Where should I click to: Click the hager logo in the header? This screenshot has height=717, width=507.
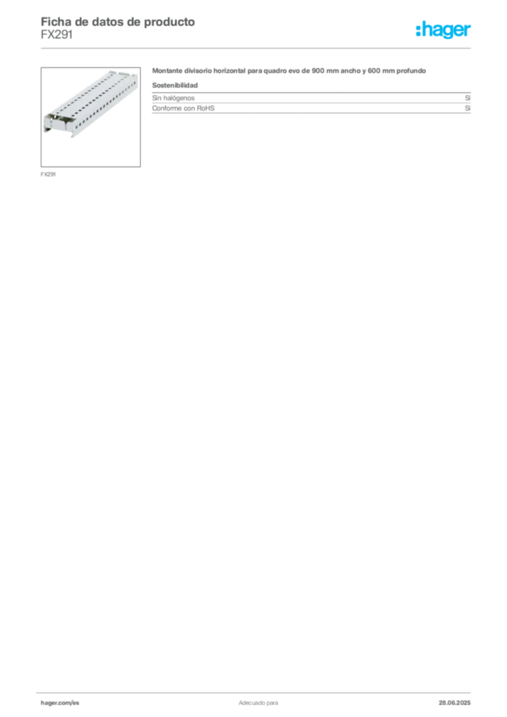tap(443, 29)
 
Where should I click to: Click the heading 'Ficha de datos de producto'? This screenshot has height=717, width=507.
tap(118, 22)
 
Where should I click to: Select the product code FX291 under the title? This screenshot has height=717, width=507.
tap(57, 35)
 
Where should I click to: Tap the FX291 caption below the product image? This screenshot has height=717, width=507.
tap(48, 174)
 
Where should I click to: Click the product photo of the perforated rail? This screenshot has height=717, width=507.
tap(90, 117)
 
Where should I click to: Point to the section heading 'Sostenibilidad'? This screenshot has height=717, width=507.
tap(175, 85)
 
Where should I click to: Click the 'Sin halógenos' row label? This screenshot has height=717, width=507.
tap(173, 98)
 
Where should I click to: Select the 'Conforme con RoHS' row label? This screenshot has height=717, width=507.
tap(183, 109)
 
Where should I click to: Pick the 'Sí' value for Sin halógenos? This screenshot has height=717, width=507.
tap(468, 98)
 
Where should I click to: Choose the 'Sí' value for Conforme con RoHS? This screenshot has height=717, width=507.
tap(468, 109)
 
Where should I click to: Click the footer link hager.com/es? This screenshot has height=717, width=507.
tap(60, 703)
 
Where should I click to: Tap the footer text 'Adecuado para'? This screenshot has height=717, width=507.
tap(258, 703)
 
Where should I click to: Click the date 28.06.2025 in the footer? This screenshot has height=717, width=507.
tap(454, 703)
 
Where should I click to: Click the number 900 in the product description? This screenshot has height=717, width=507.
tap(318, 71)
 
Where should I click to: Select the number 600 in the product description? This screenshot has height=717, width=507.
tap(374, 71)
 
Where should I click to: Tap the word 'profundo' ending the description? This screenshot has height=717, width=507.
tap(411, 71)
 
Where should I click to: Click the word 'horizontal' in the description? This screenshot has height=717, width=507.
tap(230, 71)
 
